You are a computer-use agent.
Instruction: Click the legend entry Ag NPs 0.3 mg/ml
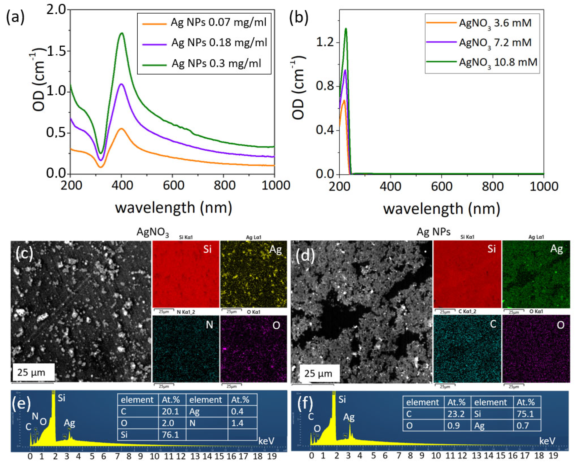[216, 64]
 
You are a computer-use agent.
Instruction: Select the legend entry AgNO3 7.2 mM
[495, 43]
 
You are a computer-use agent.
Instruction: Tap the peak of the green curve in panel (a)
[122, 33]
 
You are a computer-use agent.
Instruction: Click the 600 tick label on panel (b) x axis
[442, 186]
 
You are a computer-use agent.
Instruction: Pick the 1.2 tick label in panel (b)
[325, 42]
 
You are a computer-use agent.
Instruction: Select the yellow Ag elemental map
[253, 274]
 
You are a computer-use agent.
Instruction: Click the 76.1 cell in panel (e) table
[170, 435]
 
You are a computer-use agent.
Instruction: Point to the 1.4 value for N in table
[237, 423]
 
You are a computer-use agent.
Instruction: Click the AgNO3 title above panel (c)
[153, 232]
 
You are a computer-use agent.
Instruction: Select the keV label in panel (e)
[266, 441]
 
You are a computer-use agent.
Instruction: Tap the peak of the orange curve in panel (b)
[344, 101]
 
